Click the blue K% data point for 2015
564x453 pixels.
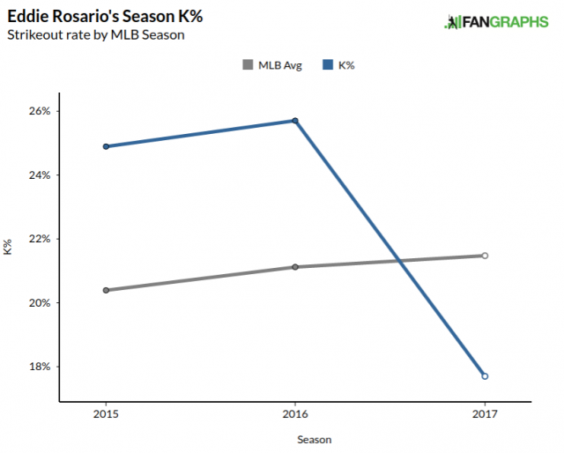107,146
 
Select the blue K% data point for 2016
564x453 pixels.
295,121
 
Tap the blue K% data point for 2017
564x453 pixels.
485,376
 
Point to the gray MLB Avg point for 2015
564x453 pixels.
107,290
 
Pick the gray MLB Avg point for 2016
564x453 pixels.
295,267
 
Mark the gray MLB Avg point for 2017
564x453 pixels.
485,256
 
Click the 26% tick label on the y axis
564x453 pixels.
39,112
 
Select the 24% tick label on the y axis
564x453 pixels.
39,175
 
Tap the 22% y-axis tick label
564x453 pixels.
39,239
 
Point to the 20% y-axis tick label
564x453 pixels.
39,303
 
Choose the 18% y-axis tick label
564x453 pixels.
39,367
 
